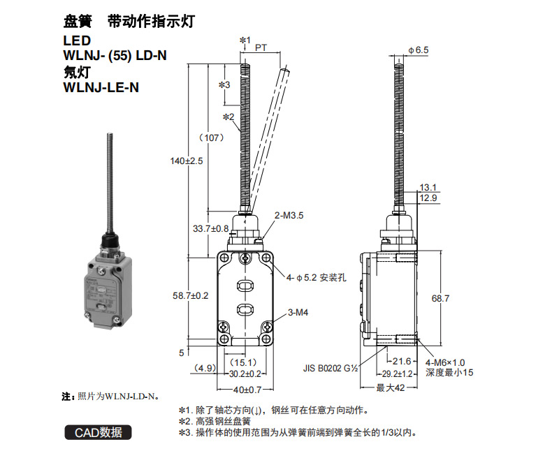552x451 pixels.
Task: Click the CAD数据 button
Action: coord(98,432)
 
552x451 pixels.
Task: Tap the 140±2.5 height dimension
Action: coord(187,161)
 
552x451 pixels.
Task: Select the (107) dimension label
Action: coord(212,138)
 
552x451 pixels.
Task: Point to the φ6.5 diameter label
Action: coord(419,50)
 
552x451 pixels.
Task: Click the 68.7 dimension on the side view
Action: coord(440,298)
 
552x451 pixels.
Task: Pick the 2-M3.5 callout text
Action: coord(289,215)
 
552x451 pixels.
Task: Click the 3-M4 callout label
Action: coord(298,312)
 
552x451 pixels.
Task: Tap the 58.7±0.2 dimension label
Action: coord(191,295)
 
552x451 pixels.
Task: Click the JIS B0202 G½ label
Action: coord(331,369)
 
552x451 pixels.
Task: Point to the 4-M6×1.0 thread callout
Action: coord(445,363)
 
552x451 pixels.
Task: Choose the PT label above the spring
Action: coord(261,47)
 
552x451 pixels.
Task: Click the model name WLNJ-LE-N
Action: coord(101,87)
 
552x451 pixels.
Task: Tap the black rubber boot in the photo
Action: coord(111,239)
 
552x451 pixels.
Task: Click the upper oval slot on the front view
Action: coord(245,286)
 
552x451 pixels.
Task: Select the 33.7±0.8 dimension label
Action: coord(210,229)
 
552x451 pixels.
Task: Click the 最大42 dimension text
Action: coord(390,388)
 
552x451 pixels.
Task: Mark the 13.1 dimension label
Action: coord(428,188)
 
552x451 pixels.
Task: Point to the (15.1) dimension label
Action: coord(243,362)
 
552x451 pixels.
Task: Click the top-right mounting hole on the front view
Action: coord(266,258)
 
